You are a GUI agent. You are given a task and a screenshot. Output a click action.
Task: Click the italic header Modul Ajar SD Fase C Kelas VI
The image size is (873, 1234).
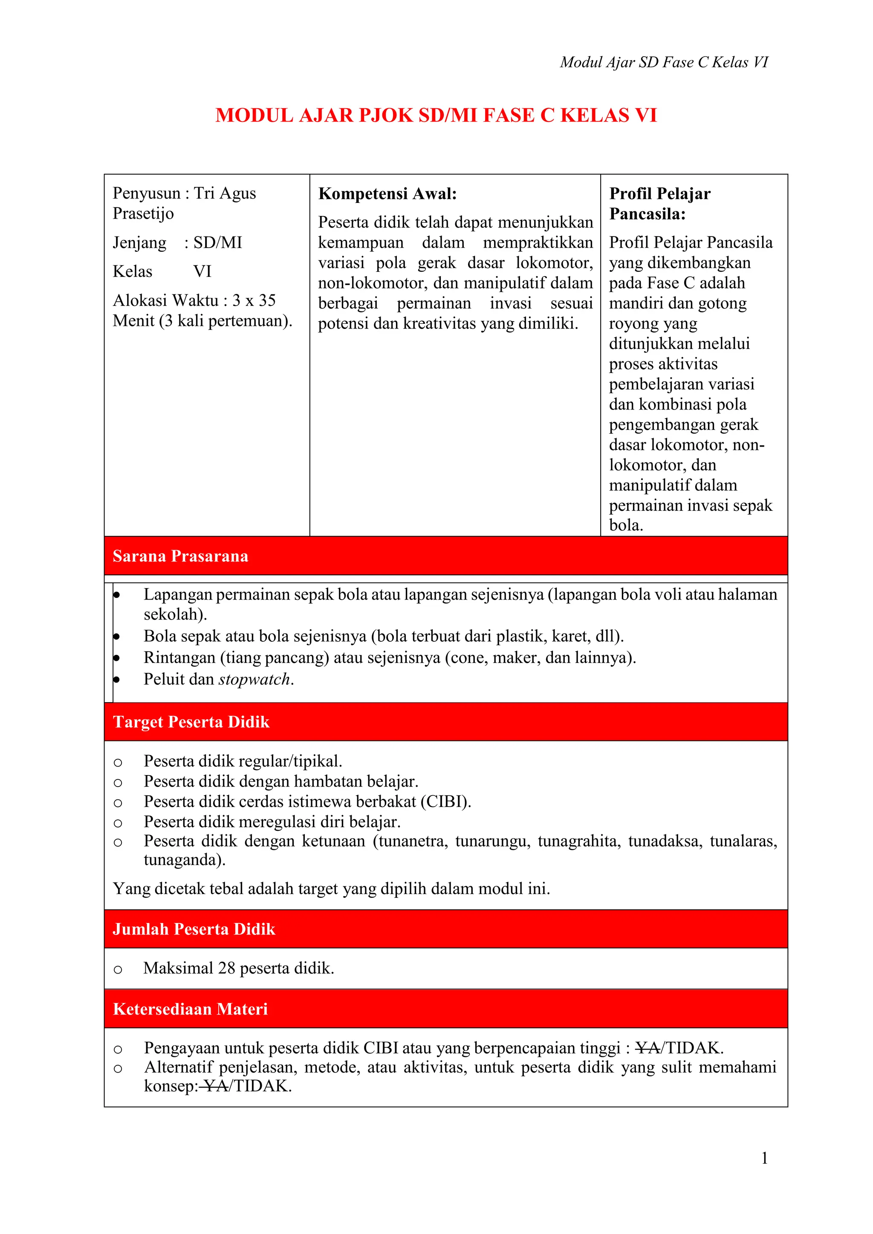coord(664,62)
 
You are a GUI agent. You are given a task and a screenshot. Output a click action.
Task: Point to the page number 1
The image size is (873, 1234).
coord(764,1158)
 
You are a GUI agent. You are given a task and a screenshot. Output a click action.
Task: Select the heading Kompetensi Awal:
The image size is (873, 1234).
coord(387,193)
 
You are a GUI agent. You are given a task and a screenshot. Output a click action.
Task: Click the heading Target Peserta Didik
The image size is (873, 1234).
coord(191,722)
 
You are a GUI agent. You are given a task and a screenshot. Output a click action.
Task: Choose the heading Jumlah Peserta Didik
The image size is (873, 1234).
coord(194,929)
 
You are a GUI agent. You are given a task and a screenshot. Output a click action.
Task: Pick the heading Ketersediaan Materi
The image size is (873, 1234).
coord(190,1009)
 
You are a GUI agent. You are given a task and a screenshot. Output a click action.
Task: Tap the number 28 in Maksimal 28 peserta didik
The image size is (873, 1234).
coord(226,969)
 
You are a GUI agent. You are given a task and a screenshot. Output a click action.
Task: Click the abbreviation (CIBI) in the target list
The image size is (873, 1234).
coord(445,802)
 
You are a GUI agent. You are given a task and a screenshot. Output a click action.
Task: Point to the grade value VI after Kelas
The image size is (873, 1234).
coord(202,271)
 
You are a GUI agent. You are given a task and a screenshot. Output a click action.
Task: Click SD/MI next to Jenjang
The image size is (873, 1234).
coord(218,242)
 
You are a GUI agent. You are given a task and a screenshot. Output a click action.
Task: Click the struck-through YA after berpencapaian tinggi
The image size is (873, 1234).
coord(648,1048)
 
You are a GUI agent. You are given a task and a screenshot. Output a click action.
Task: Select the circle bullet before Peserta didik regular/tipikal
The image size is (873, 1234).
coord(118,763)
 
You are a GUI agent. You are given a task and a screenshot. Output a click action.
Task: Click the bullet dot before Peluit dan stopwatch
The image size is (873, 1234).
coord(116,680)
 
